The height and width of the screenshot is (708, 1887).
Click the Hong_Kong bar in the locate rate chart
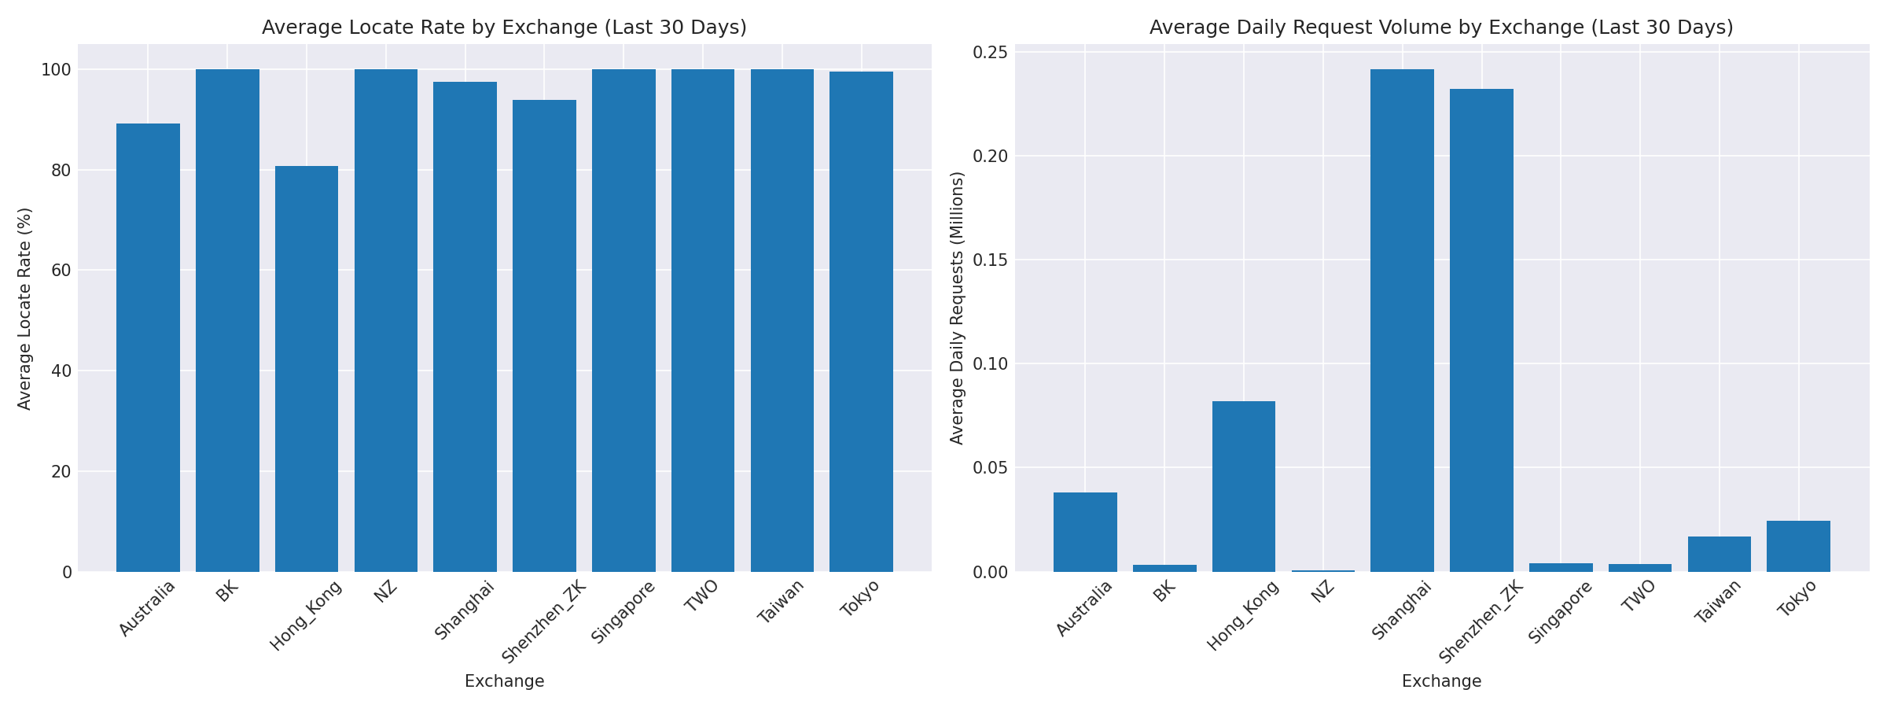point(307,370)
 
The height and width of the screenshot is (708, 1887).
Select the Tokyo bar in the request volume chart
point(1798,546)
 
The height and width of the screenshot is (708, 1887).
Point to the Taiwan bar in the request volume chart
point(1719,554)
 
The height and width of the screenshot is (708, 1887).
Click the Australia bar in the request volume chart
point(1085,532)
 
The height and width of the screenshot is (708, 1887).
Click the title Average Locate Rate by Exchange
point(504,28)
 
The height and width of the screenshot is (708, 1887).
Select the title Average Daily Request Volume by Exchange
point(1441,28)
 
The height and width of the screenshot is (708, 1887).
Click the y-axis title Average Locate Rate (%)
point(25,308)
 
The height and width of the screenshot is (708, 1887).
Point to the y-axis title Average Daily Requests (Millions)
point(957,308)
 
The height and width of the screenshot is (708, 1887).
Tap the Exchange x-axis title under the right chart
point(1441,682)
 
